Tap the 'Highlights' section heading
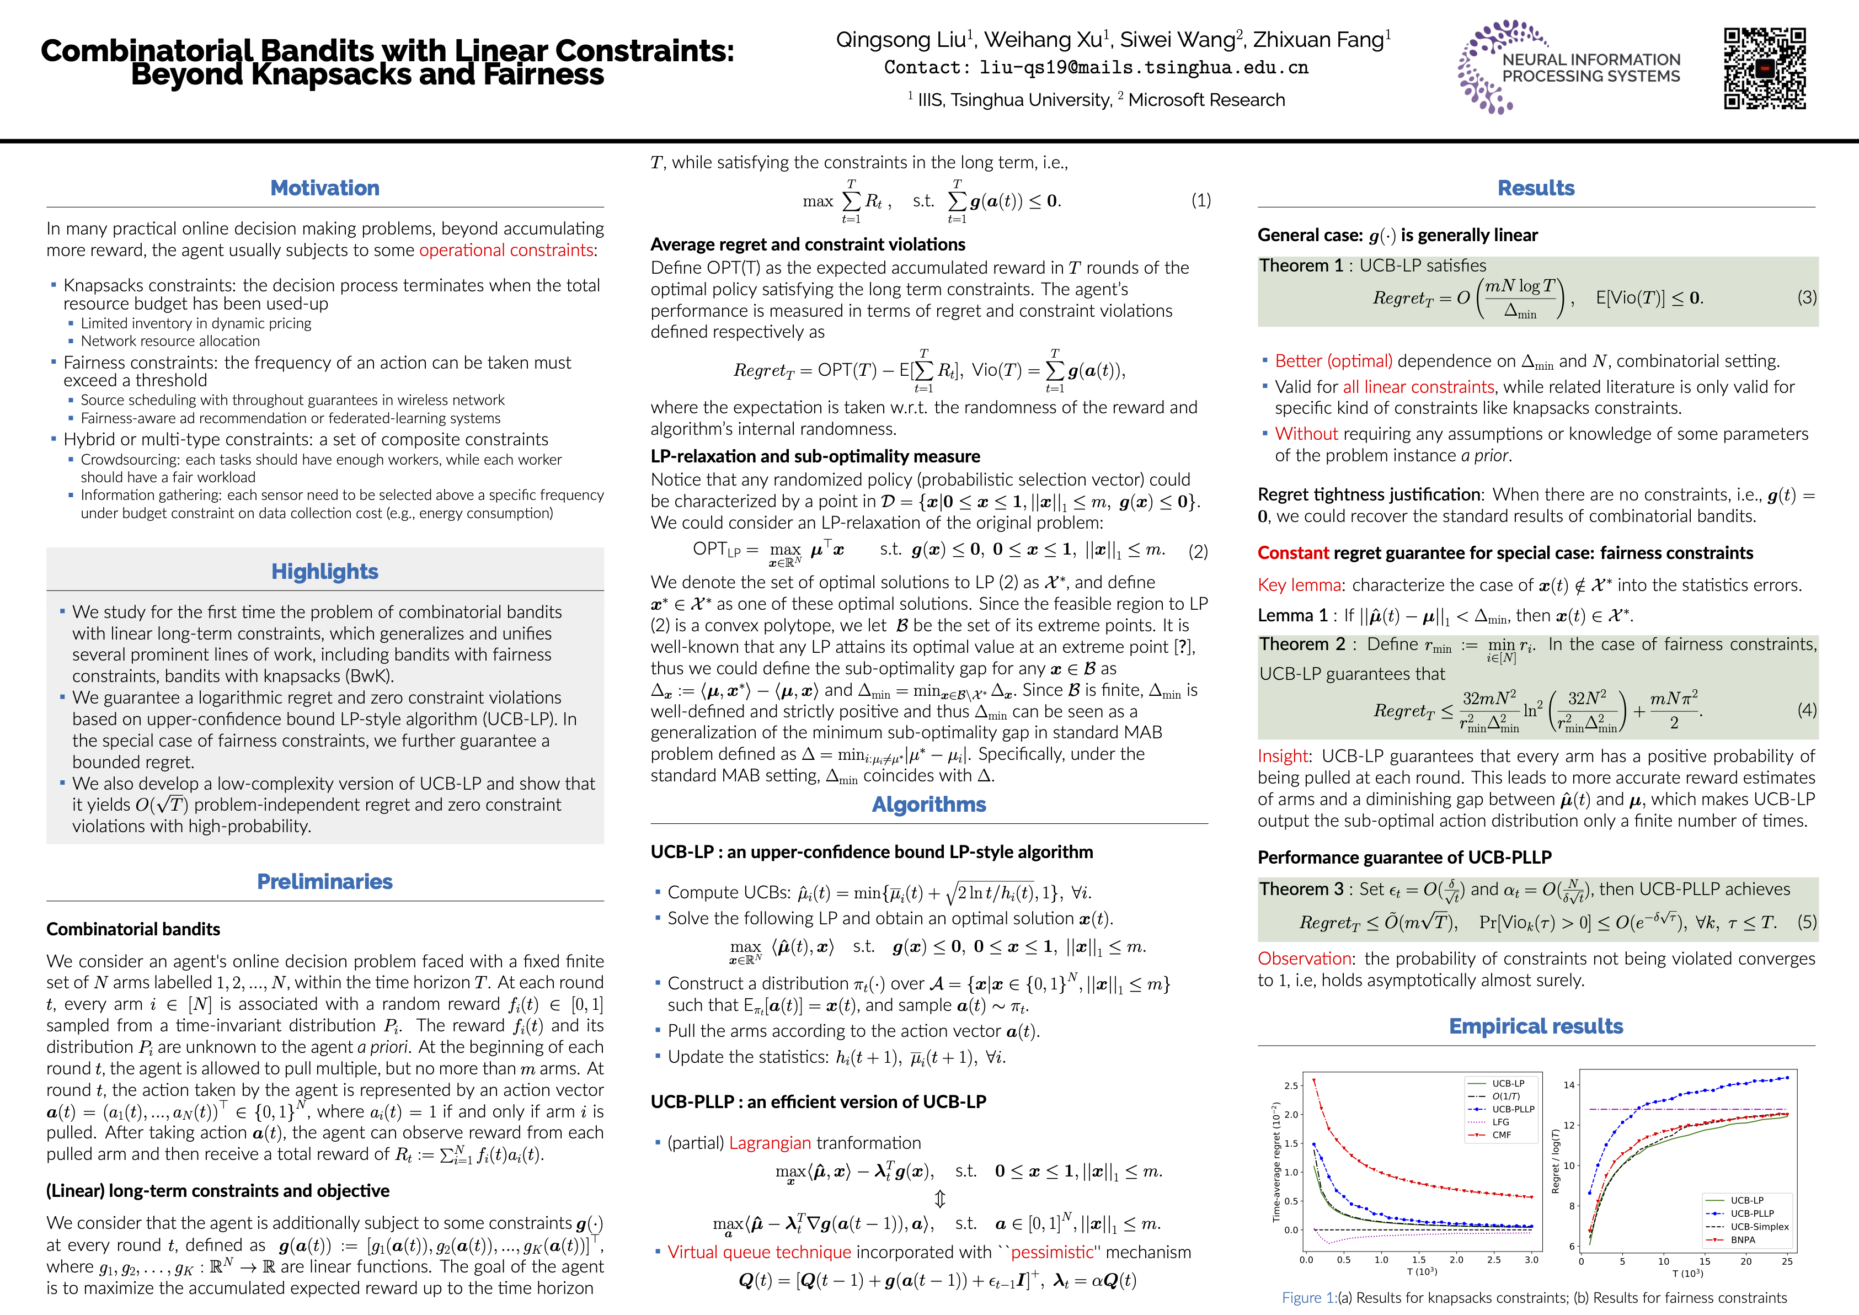325,572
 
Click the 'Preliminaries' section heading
325,882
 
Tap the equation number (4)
1807,710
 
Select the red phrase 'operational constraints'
506,250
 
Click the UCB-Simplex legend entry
1759,1227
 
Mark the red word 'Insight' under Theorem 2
1283,757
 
